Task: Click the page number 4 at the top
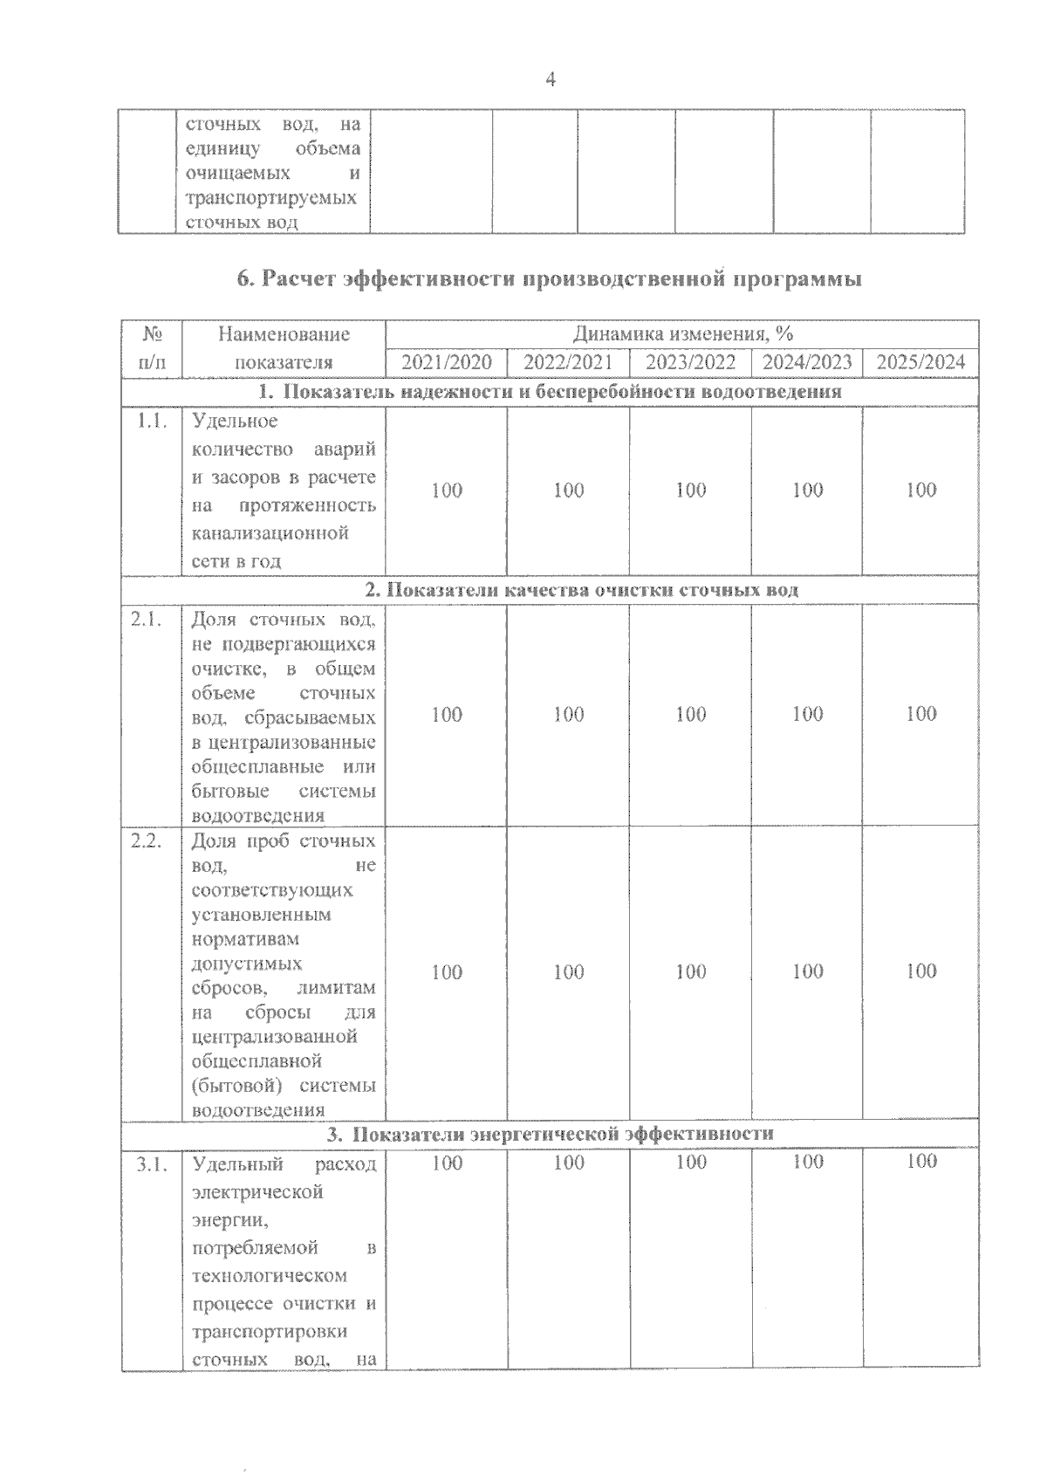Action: [551, 79]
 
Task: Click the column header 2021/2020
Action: [446, 362]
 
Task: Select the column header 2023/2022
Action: [690, 362]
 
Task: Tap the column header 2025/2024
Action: [920, 362]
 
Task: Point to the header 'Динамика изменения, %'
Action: [682, 334]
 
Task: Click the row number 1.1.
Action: [151, 422]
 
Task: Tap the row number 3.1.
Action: [151, 1164]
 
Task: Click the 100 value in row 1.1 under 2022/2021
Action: [569, 491]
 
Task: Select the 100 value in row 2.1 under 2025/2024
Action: [921, 714]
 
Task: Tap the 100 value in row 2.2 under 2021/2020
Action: [447, 972]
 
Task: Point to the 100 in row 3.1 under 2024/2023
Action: [808, 1162]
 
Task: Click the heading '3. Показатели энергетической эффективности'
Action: [551, 1134]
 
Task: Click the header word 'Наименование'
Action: [284, 334]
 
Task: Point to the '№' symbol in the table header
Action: [152, 334]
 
